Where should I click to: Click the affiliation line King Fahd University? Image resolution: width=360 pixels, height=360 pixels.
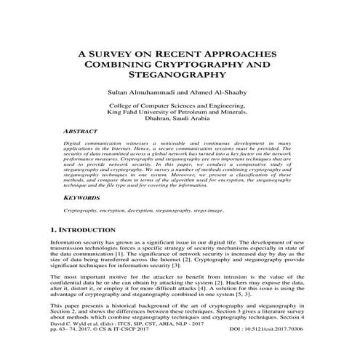click(180, 113)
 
